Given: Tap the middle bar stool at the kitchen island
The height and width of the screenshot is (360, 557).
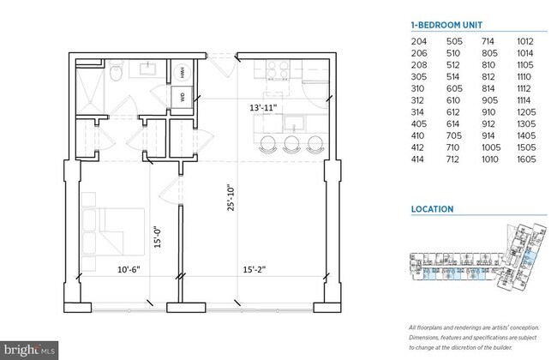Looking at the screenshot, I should coord(292,143).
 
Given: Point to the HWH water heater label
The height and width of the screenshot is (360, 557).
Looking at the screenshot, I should coord(183,74).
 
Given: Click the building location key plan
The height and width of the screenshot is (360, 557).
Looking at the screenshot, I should coord(476,261).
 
